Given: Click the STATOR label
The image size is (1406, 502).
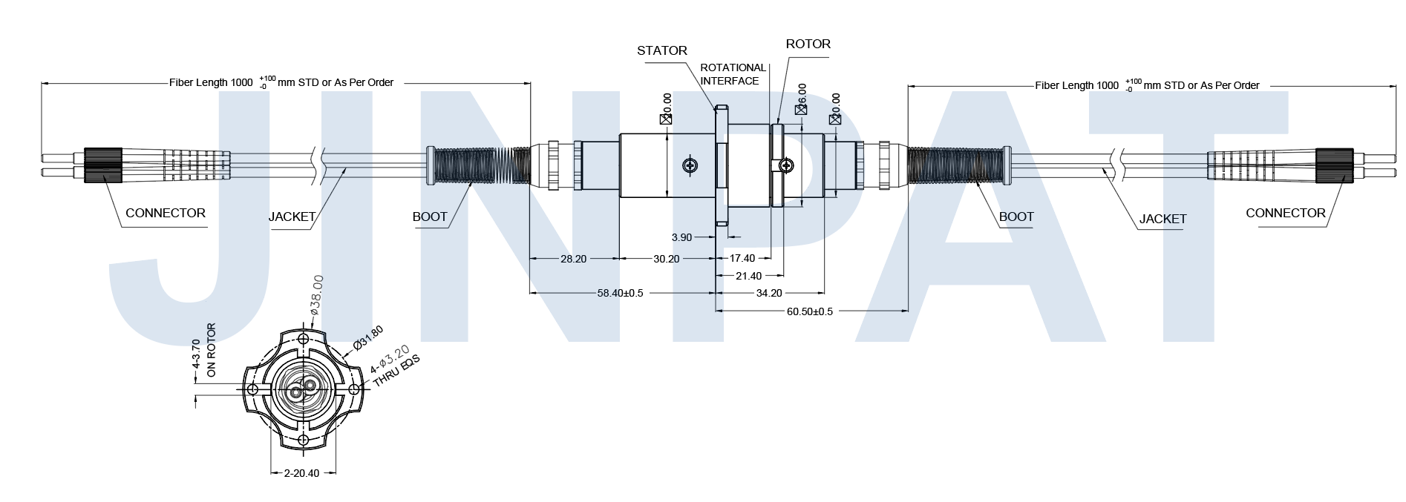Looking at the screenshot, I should [661, 50].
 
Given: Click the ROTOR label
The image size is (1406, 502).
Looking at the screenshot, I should [808, 44].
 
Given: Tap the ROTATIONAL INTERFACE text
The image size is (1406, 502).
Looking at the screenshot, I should [732, 74].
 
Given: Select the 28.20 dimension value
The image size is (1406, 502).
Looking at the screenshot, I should [573, 259].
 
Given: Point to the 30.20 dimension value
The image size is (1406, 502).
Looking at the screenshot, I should [666, 259].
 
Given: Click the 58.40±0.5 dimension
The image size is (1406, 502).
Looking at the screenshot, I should [620, 293].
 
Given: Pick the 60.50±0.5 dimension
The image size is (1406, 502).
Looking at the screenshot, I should [809, 311].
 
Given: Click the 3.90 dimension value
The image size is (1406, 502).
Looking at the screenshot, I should [681, 237].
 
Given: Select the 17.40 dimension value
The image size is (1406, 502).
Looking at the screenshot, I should [742, 258].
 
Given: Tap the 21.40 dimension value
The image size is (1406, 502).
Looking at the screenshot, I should [748, 276].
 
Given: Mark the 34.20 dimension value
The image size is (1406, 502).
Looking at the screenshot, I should [768, 293].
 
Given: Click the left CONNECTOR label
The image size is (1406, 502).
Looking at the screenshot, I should [165, 213].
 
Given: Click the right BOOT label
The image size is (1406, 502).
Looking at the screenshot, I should [1016, 217].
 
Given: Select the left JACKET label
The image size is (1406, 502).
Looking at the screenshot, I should [292, 217].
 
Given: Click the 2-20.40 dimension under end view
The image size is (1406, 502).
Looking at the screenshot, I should [301, 473].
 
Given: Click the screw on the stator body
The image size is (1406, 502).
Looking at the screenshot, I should [691, 166].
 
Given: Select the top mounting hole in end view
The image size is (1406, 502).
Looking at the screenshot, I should [303, 340].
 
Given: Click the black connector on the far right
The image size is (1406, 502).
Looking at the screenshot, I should [1334, 165].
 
